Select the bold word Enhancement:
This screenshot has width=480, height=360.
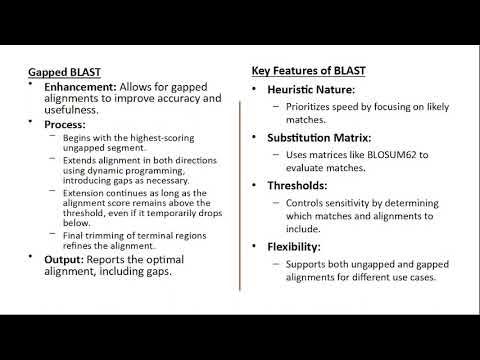click(83, 87)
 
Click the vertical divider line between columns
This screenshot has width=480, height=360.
click(240, 180)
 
